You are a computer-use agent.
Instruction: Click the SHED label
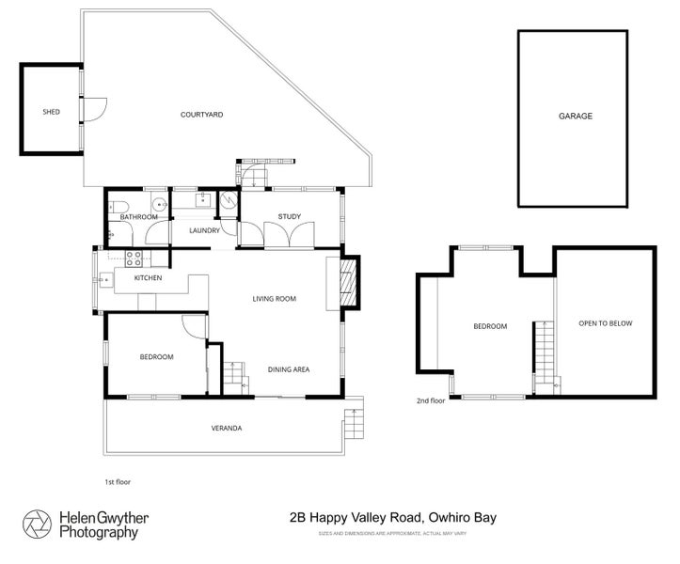[52, 112]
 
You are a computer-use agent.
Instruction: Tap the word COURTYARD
[201, 115]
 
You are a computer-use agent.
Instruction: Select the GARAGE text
[575, 116]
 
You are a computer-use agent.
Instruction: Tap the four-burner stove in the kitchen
[133, 258]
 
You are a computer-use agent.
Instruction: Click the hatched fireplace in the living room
[347, 282]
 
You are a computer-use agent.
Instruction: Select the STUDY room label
[289, 217]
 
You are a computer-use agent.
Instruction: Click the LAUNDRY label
[204, 230]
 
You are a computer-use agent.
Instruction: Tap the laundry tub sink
[202, 198]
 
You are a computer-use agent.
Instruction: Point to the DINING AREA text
[289, 369]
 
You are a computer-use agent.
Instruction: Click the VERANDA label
[226, 429]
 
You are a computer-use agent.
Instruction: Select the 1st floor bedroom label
[156, 357]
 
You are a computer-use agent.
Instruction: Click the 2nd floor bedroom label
[489, 327]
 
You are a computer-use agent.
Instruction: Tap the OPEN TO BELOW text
[605, 323]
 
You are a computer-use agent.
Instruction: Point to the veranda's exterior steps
[354, 425]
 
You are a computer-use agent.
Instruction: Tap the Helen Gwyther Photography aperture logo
[38, 524]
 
